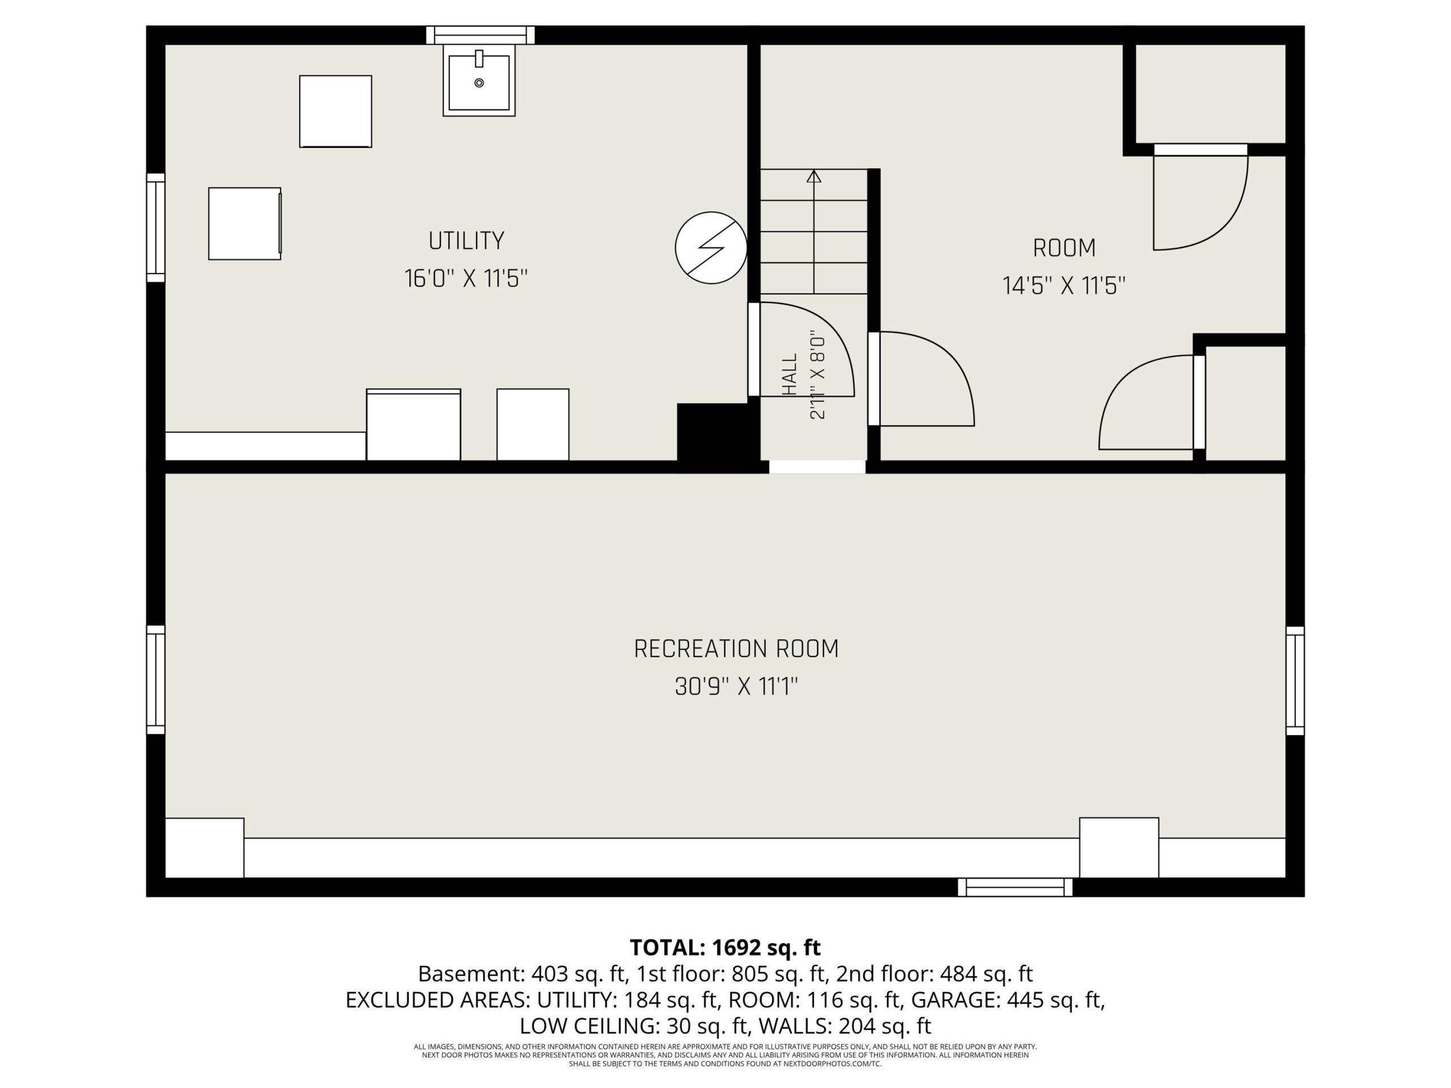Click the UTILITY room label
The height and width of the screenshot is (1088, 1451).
(x=466, y=241)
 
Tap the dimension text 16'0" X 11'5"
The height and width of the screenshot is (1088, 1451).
(x=466, y=279)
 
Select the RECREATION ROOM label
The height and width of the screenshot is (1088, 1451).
(x=736, y=649)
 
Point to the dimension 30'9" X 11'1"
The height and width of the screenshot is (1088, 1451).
(x=736, y=687)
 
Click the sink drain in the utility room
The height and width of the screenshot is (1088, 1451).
(x=479, y=83)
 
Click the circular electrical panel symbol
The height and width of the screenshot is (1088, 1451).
(x=711, y=248)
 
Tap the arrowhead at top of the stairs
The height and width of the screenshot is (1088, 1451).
(x=814, y=176)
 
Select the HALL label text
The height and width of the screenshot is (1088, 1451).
(x=790, y=375)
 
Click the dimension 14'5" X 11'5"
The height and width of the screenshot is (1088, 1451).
(x=1064, y=286)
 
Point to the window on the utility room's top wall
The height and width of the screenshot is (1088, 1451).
(x=480, y=35)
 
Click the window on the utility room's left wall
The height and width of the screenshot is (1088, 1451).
(x=155, y=228)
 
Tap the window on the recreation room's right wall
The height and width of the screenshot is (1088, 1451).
(x=1295, y=680)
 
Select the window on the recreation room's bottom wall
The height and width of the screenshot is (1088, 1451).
(x=1015, y=887)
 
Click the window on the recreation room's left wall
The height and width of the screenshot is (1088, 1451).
(x=155, y=679)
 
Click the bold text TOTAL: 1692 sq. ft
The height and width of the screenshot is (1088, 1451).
(x=725, y=947)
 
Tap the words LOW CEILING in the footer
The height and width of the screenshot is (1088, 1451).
(x=589, y=1026)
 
